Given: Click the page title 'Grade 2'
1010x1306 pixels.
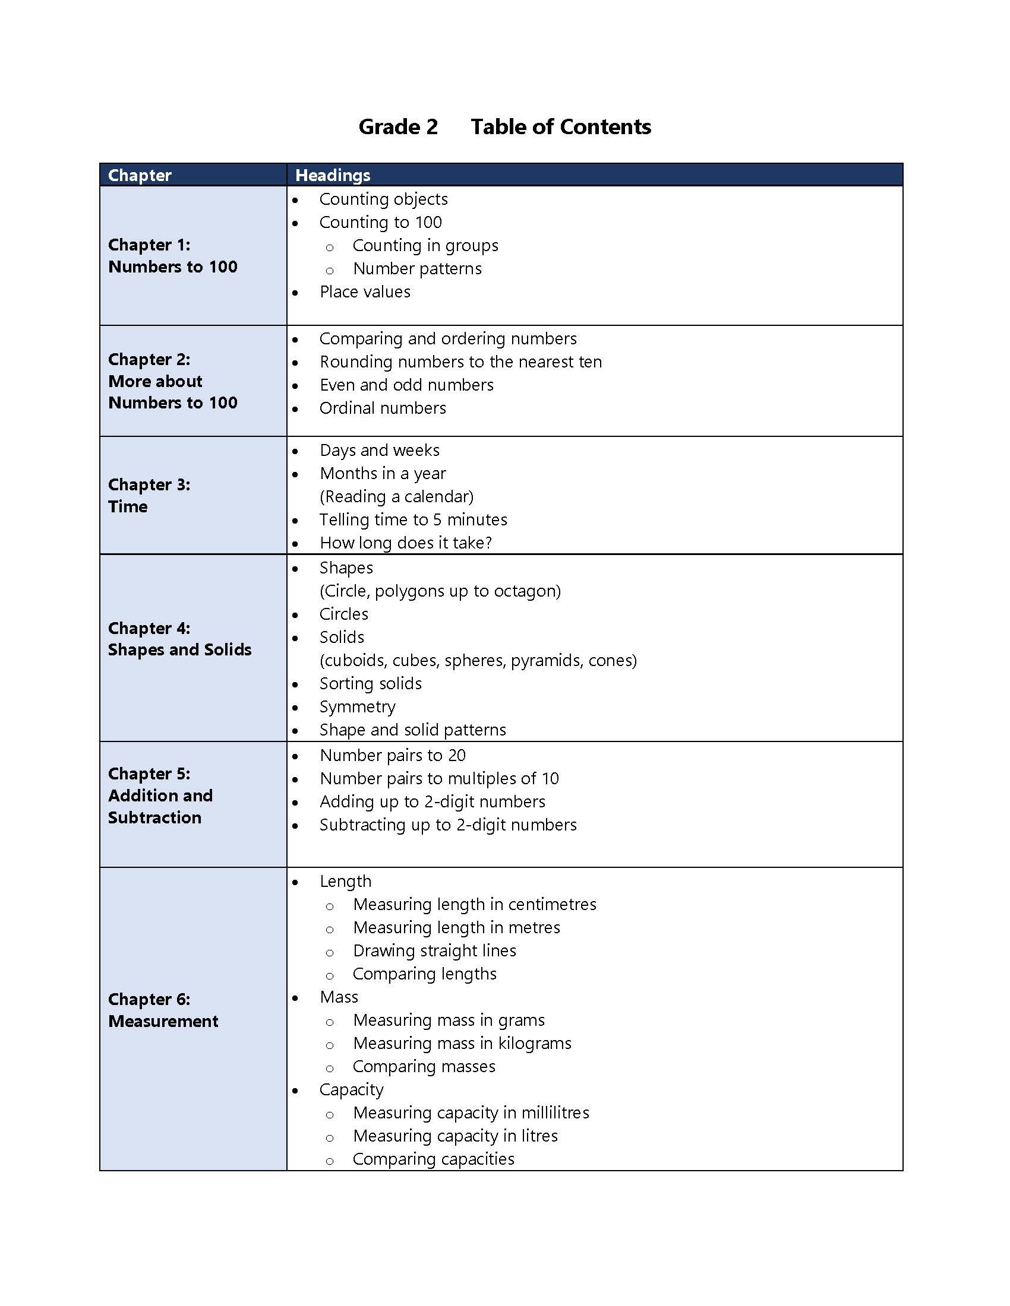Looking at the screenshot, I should (398, 127).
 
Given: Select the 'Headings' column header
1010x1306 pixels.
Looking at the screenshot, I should (333, 175).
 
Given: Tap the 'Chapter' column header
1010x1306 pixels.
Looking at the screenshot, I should (140, 175).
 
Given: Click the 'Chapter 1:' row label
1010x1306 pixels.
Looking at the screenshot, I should (149, 245).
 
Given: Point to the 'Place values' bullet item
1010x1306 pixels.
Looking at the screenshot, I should (364, 292).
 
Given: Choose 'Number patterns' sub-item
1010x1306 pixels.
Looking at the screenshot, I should (417, 268).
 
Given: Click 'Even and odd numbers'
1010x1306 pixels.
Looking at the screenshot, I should (406, 385).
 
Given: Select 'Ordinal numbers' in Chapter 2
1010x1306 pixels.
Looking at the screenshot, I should (383, 408).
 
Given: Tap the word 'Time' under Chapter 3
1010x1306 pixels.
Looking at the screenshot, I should (128, 506).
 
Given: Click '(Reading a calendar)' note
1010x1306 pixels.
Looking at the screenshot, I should (396, 496).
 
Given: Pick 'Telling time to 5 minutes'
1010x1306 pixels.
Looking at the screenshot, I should (413, 519).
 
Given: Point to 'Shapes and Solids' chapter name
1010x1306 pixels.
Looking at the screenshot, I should (179, 649).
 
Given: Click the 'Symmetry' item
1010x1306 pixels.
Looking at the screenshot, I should (357, 707).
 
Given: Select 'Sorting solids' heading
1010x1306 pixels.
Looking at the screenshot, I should (370, 683).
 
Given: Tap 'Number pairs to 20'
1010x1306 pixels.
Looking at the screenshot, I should (393, 755).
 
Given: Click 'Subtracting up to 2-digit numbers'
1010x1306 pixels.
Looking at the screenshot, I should (447, 825).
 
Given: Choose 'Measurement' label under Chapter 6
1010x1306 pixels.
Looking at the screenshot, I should (163, 1021).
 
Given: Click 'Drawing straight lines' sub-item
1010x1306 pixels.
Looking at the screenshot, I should (434, 950).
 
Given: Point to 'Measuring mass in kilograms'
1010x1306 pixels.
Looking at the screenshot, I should (462, 1043).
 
